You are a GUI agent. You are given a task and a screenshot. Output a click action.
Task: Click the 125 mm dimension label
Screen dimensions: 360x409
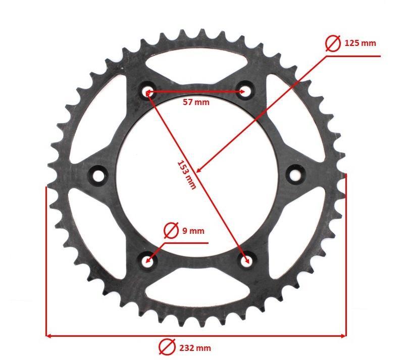click(360, 43)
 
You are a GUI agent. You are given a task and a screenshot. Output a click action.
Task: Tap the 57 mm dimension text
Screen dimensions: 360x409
click(195, 102)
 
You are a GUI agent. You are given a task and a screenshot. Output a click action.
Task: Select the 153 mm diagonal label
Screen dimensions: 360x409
click(186, 175)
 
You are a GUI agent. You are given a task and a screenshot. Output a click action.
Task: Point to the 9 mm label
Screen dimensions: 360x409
click(193, 231)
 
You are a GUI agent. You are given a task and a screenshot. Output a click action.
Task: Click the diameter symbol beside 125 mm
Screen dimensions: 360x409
click(333, 43)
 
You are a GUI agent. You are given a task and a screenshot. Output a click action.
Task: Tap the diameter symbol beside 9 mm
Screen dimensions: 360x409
click(171, 231)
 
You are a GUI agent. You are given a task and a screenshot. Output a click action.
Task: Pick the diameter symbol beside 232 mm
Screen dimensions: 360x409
click(165, 347)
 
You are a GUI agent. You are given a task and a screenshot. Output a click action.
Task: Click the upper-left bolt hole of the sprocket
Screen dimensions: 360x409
click(148, 91)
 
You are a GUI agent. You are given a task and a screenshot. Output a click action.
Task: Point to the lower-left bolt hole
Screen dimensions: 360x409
click(148, 261)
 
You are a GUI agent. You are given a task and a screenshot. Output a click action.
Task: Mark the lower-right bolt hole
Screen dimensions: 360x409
click(246, 261)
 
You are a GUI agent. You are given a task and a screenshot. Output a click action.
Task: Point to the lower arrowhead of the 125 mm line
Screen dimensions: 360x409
click(199, 170)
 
